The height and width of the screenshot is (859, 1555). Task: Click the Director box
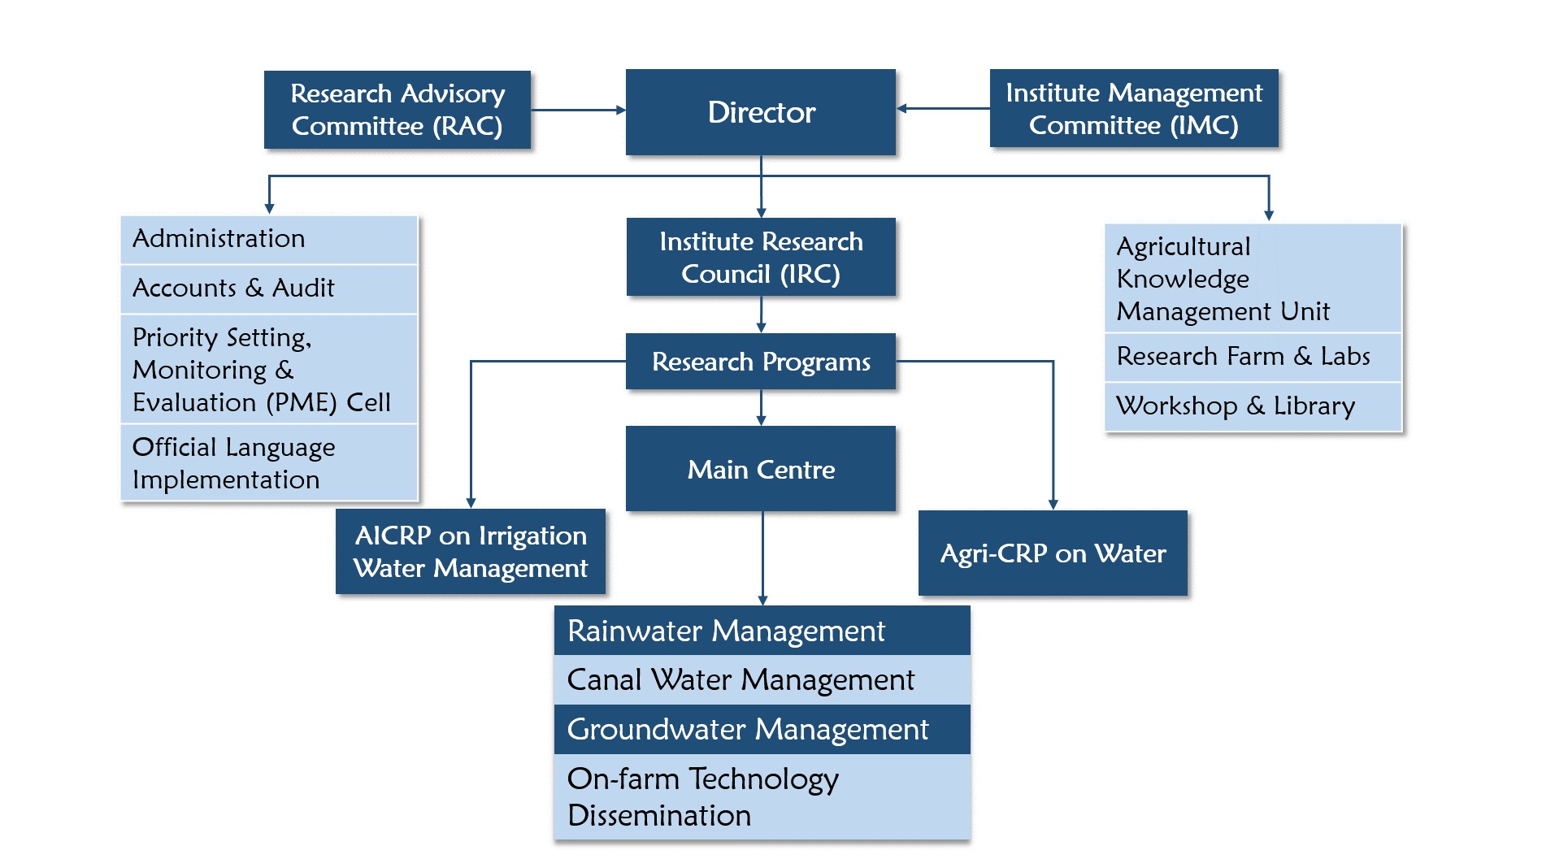760,112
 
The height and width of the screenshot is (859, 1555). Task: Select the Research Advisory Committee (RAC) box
397,110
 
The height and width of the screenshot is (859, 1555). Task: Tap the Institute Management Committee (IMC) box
1134,108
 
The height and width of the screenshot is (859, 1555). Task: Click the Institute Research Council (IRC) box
761,257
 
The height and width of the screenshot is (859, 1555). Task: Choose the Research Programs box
761,362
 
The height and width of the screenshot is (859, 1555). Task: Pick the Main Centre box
761,469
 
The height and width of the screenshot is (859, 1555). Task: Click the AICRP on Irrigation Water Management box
471,552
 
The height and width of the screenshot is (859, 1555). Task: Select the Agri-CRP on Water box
1053,553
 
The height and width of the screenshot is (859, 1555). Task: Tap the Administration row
269,240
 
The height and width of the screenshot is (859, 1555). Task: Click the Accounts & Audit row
269,289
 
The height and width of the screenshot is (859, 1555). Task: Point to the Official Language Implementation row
269,462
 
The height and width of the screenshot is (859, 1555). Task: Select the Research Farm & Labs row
1253,357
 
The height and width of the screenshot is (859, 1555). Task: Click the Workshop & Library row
1253,406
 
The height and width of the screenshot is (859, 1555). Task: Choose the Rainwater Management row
762,631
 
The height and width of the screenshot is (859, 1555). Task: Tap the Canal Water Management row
762,679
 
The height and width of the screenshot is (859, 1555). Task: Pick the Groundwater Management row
762,729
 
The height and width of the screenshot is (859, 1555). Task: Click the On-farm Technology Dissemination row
762,796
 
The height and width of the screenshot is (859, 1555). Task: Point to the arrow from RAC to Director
578,110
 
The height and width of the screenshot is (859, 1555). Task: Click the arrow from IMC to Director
943,108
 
